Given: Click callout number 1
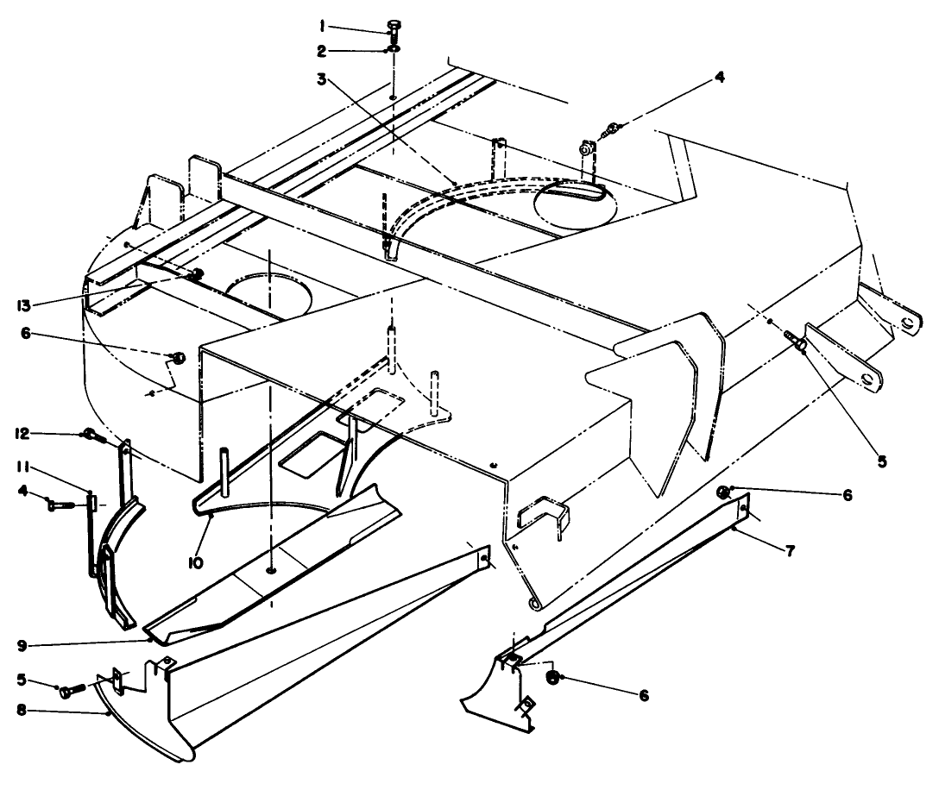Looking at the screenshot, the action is click(322, 26).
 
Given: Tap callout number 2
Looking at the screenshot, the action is click(322, 52).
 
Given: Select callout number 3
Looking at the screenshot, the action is click(322, 78).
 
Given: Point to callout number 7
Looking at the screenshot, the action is click(790, 551).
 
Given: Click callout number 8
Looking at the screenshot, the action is click(22, 712).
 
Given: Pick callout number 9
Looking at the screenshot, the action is click(22, 646).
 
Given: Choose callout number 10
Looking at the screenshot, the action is click(196, 563).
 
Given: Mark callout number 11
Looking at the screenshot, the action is click(24, 467).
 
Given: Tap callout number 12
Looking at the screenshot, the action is click(22, 433).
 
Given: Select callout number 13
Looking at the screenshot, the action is click(23, 306).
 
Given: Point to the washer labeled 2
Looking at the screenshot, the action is click(394, 48).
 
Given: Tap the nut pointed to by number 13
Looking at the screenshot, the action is click(196, 274).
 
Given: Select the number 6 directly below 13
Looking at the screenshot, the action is click(26, 334).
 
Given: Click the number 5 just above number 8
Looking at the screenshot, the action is click(22, 680).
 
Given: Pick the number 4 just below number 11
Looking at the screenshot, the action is click(22, 491).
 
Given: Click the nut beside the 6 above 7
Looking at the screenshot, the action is click(723, 492).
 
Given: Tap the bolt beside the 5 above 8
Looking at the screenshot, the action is click(72, 690).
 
